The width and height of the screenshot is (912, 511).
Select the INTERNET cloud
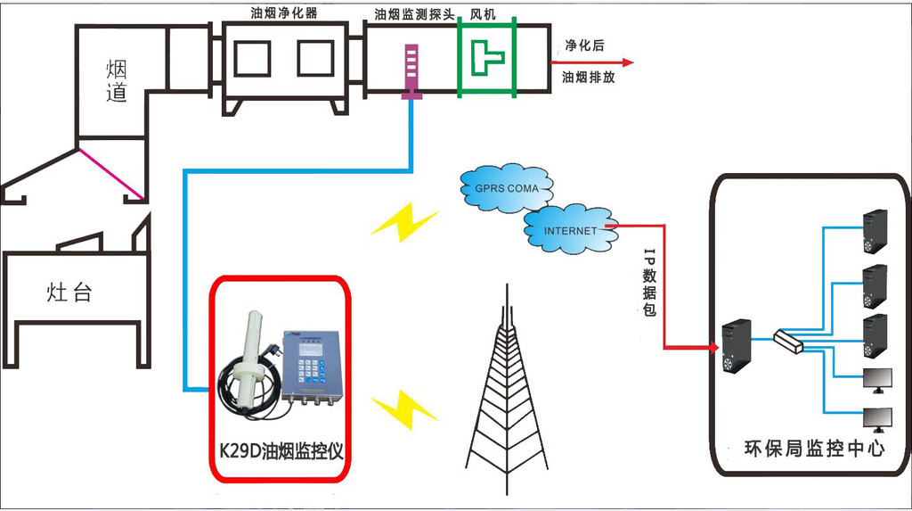pos(571,230)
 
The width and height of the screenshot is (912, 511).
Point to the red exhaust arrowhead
pos(628,62)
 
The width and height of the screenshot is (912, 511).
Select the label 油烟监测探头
pos(414,13)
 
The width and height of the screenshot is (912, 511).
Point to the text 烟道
pos(117,80)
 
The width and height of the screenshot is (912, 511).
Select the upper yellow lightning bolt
pos(404,222)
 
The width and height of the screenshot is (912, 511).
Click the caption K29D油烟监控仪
pos(281,450)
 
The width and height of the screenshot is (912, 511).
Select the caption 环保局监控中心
pos(814,449)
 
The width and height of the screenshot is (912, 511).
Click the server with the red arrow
pos(737,347)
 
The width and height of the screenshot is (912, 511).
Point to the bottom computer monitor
pos(877,417)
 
